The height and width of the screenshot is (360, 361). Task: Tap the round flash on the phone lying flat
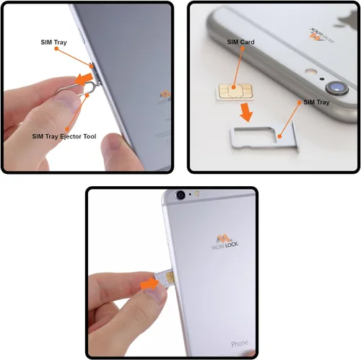(310, 72)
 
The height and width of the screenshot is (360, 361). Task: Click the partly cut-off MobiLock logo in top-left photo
(165, 97)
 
